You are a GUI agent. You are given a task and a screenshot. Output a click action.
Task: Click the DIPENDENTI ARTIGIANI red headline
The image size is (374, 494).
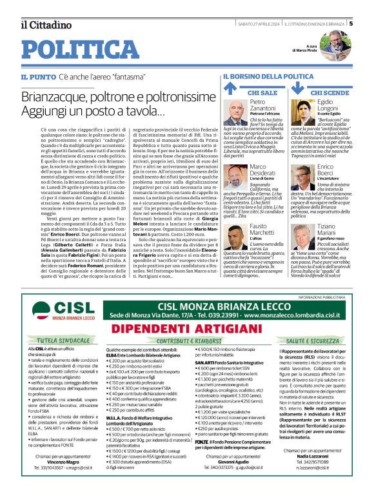click(x=186, y=328)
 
